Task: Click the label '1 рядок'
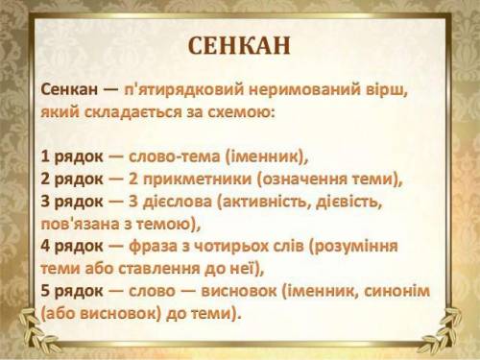pos(72,156)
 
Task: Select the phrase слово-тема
pos(174,156)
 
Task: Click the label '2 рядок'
pos(72,179)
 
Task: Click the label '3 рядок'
pos(72,202)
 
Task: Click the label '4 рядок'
pos(72,246)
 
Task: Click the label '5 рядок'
pos(72,291)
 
